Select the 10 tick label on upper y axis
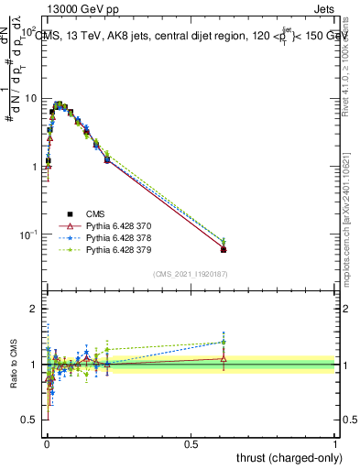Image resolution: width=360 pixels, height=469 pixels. tap(29, 98)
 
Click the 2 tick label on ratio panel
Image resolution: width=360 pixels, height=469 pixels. tap(33, 309)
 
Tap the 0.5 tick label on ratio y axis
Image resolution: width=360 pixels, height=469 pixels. tap(28, 420)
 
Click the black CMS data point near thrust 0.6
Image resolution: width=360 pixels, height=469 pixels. tap(224, 249)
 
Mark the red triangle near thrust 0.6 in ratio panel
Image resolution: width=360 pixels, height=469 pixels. tap(224, 358)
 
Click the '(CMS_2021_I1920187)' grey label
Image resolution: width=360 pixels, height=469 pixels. tap(191, 274)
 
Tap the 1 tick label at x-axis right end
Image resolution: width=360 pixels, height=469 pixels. tap(335, 442)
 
